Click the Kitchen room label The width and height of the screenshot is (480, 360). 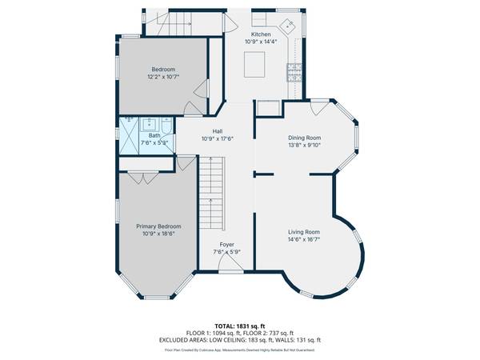point(261,34)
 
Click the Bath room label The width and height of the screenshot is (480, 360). point(154,136)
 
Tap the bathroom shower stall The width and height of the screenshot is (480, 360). point(128,133)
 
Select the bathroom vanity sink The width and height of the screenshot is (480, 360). point(150,123)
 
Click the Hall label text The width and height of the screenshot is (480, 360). point(218,131)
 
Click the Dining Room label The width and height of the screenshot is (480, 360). point(304,138)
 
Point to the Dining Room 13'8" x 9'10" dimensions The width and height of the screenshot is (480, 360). point(304,146)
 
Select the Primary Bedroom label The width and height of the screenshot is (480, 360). point(158,226)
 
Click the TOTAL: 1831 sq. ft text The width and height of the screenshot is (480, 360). point(239,326)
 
